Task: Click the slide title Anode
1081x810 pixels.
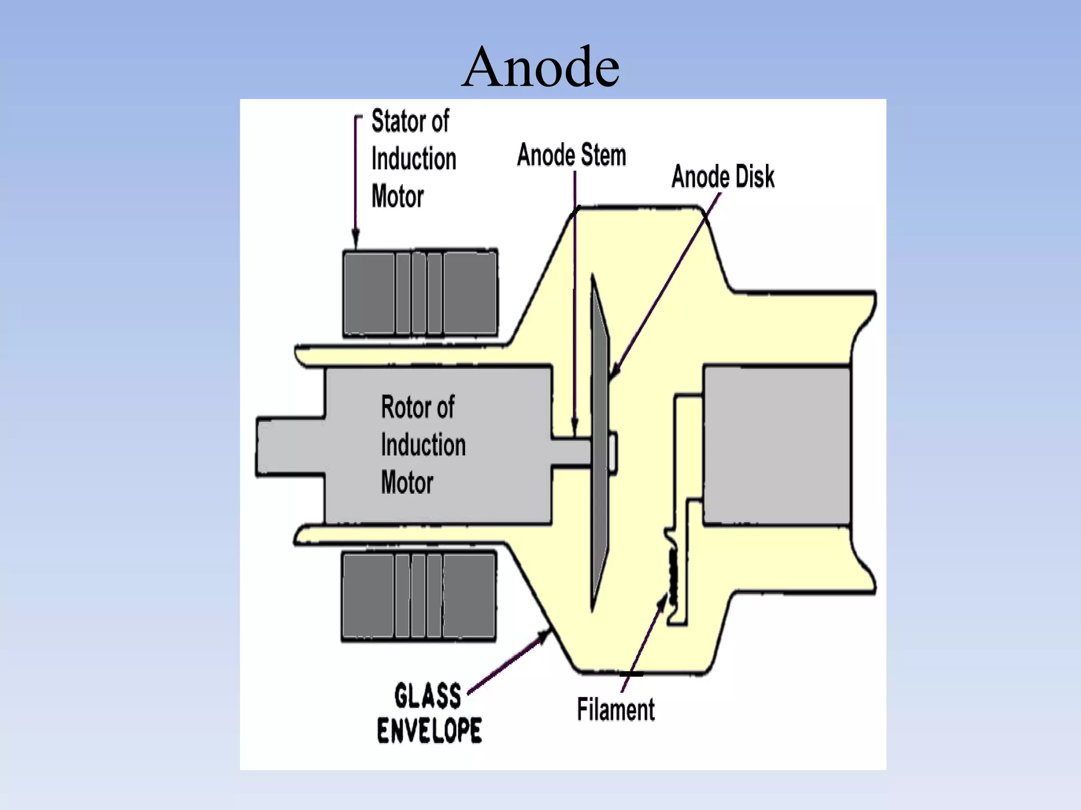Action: click(540, 67)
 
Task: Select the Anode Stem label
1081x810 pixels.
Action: click(571, 155)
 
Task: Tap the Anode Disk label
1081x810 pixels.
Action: click(723, 177)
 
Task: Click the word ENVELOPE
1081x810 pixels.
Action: click(429, 730)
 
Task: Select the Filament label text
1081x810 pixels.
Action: click(615, 709)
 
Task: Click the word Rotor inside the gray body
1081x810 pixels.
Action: click(404, 407)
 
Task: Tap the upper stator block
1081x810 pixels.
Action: click(420, 293)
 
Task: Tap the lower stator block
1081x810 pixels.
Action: click(419, 596)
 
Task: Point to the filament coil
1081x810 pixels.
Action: click(673, 577)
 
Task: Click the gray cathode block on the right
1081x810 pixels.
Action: click(776, 446)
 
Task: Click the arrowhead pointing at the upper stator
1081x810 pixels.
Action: click(356, 240)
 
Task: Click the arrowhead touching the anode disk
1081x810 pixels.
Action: click(613, 371)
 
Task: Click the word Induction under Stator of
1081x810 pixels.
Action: click(414, 159)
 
